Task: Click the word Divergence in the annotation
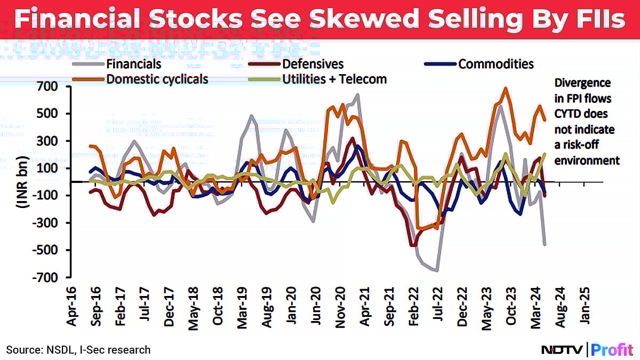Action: [582, 83]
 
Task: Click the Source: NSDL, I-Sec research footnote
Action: [78, 350]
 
